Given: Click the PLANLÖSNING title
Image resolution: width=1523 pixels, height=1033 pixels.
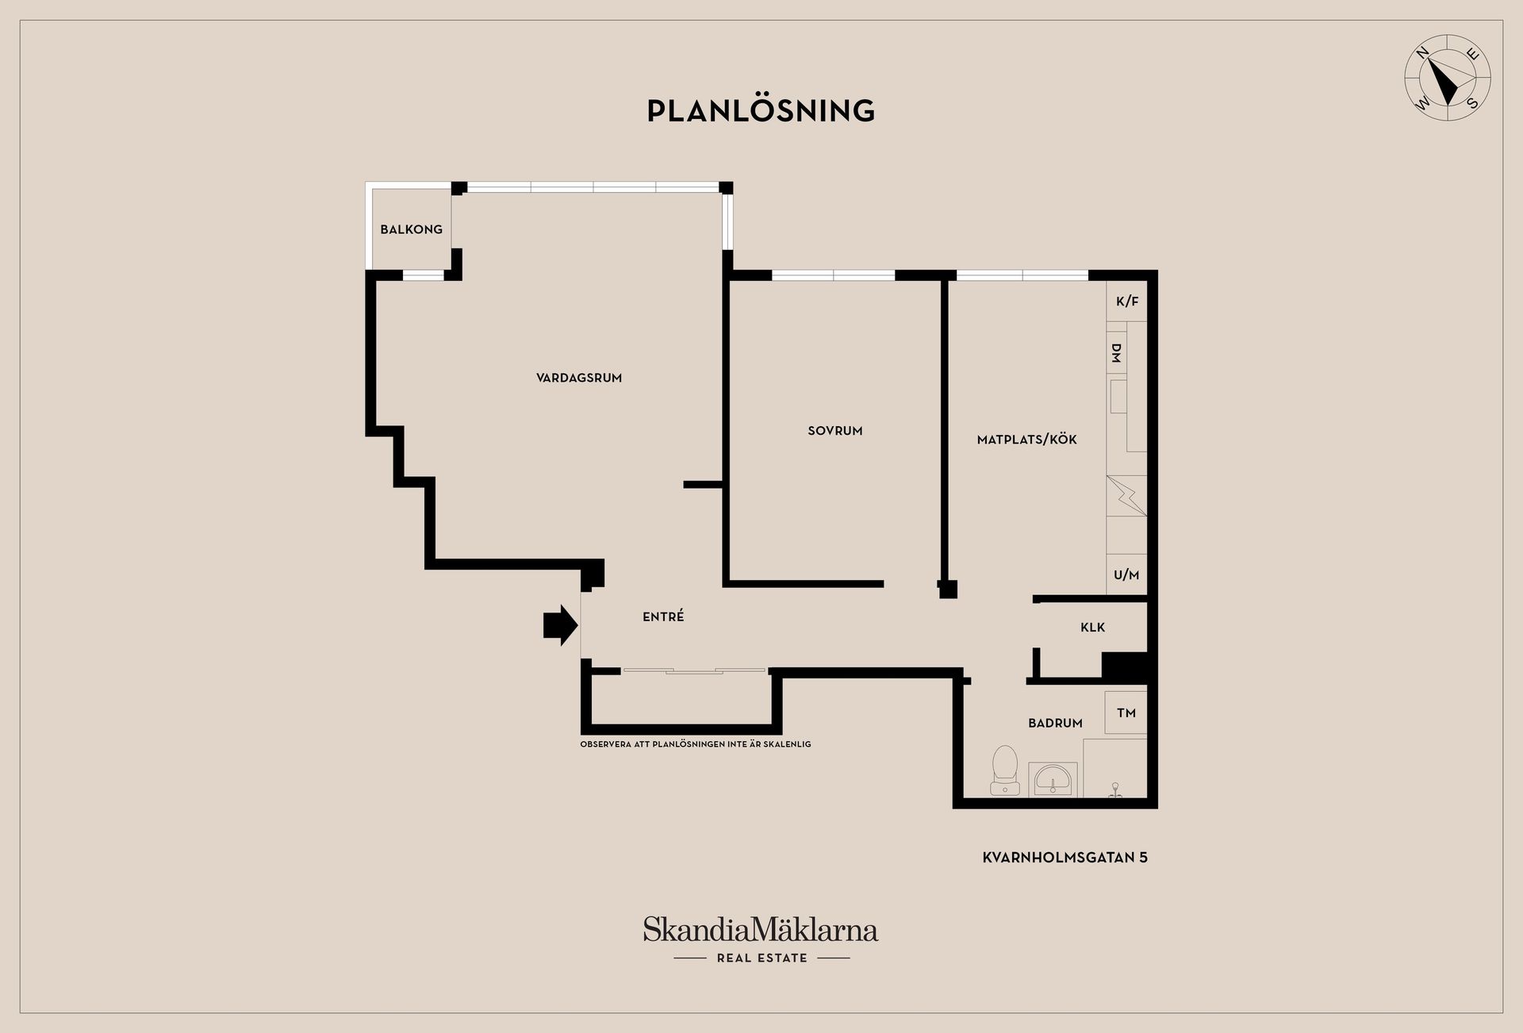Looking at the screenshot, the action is pyautogui.click(x=761, y=110).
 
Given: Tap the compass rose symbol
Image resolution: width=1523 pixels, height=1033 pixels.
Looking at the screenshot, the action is pyautogui.click(x=1448, y=78).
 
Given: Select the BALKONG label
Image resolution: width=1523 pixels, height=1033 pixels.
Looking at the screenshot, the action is pyautogui.click(x=411, y=229).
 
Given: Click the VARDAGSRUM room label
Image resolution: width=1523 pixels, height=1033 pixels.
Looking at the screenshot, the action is pyautogui.click(x=579, y=378).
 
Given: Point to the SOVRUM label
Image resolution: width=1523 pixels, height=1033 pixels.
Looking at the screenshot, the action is pyautogui.click(x=835, y=431).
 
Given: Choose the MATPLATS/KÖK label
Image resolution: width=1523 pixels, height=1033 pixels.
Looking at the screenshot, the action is pyautogui.click(x=1027, y=440).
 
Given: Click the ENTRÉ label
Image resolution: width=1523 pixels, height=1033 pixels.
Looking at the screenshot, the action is pyautogui.click(x=663, y=616).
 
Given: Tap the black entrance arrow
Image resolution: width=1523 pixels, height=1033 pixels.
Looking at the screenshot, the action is pyautogui.click(x=561, y=625).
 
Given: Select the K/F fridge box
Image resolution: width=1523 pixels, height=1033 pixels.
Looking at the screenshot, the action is pyautogui.click(x=1126, y=301).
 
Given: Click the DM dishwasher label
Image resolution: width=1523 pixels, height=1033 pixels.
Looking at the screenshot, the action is pyautogui.click(x=1116, y=353).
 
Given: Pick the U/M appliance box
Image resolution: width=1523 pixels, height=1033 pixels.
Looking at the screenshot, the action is pyautogui.click(x=1126, y=574).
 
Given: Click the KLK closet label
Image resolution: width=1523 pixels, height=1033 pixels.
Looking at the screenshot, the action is pyautogui.click(x=1092, y=628).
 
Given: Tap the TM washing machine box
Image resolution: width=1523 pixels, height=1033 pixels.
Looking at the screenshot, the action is pyautogui.click(x=1126, y=712).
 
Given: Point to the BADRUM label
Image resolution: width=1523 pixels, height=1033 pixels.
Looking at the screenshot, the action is pyautogui.click(x=1055, y=723).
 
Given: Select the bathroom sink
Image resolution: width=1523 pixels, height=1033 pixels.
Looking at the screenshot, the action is pyautogui.click(x=1053, y=779).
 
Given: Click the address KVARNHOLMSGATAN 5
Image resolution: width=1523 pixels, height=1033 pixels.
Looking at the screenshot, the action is pyautogui.click(x=1065, y=857).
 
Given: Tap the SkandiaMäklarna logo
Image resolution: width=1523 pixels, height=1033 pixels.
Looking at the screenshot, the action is pyautogui.click(x=761, y=929).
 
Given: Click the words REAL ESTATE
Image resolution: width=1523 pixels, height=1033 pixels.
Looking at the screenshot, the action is pyautogui.click(x=762, y=958).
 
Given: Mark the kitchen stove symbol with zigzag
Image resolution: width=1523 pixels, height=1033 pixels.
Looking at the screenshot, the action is pyautogui.click(x=1126, y=496).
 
